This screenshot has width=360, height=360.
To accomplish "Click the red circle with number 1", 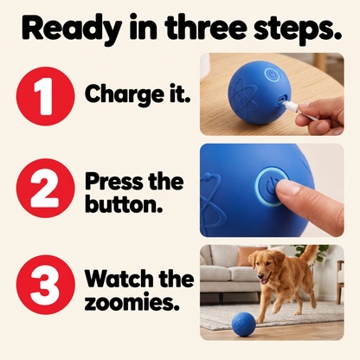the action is (46, 96).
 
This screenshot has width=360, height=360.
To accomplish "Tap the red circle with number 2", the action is (46, 188).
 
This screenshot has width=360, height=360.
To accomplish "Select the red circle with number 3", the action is (46, 285).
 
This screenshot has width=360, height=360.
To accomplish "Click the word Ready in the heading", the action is (72, 29).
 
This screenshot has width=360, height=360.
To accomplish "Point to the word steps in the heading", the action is (297, 29).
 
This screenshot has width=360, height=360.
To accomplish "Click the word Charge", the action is (125, 95).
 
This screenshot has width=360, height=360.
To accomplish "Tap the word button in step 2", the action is (124, 204).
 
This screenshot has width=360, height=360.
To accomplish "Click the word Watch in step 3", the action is (119, 279).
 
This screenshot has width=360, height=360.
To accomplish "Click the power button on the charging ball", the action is (273, 75).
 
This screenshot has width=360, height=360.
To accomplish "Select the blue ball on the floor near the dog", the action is (244, 324).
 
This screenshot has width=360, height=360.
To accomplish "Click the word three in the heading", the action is (206, 29).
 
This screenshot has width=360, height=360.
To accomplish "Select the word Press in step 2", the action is (114, 182).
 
